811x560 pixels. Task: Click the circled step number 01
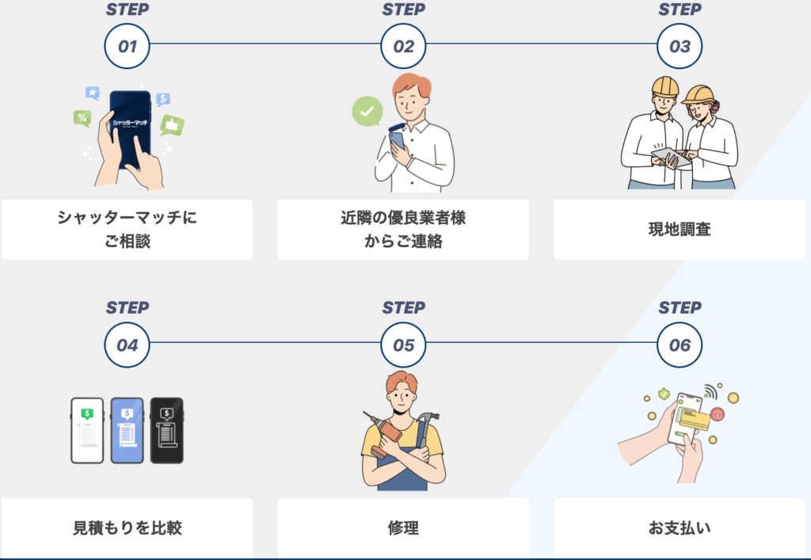[x=127, y=46]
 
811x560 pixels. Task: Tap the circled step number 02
[x=403, y=46]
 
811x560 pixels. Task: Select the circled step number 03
[x=680, y=46]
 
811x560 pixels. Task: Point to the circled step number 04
[x=127, y=345]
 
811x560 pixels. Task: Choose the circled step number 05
[x=403, y=345]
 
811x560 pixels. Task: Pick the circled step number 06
[x=680, y=345]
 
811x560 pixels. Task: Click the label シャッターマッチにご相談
[x=127, y=229]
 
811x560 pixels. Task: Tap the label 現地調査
[x=680, y=230]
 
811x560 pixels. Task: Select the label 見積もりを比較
[x=127, y=528]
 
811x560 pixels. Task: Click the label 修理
[x=403, y=528]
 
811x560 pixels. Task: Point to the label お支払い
[x=680, y=528]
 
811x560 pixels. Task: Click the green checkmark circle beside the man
[x=367, y=112]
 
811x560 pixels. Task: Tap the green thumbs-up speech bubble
[x=171, y=124]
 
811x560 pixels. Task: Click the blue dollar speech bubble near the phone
[x=163, y=99]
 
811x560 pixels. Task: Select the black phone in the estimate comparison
[x=166, y=430]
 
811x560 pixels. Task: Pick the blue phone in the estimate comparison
[x=127, y=430]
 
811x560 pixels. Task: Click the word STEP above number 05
[x=403, y=307]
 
